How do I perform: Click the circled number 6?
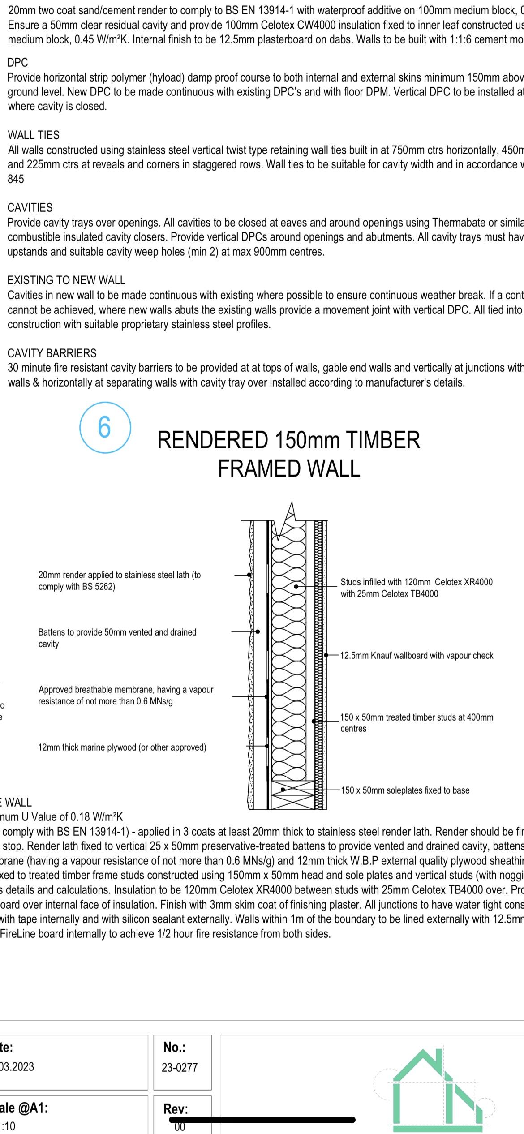105,427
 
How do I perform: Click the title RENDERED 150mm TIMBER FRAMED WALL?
289,454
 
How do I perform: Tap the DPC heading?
18,63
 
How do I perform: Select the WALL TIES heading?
34,135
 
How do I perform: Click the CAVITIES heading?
30,208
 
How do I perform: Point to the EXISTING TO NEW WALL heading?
66,280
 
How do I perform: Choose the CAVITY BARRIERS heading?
52,353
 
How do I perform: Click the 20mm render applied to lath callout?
120,580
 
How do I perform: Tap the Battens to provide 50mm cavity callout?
117,638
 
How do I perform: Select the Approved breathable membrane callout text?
125,695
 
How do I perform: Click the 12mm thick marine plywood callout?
122,747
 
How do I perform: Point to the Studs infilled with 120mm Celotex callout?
416,588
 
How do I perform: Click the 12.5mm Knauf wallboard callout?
417,656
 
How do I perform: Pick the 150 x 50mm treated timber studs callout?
417,722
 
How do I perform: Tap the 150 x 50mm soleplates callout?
405,790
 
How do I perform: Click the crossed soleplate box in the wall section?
292,795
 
